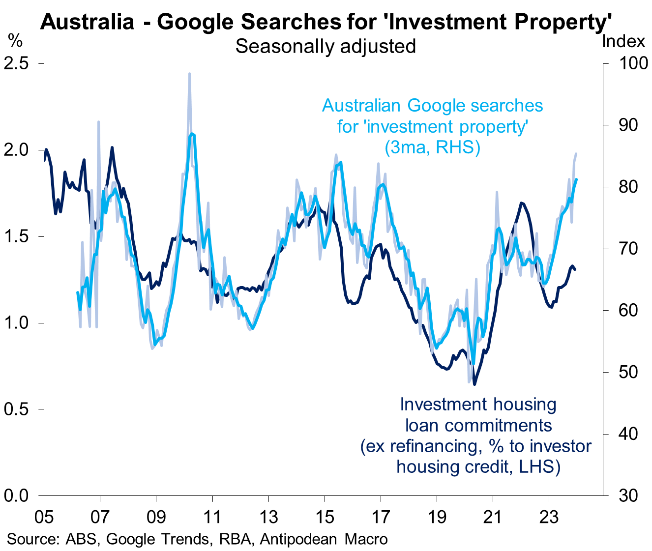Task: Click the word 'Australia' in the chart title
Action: [87, 22]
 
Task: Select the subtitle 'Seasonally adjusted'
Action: [326, 46]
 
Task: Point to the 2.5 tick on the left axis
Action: [16, 63]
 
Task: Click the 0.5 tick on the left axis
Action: [16, 409]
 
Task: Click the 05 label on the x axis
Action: [44, 518]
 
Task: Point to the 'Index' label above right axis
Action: [623, 41]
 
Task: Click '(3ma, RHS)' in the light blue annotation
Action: [432, 147]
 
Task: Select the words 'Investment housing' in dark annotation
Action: [478, 404]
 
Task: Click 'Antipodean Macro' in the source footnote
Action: [324, 539]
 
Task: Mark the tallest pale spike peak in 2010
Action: [189, 74]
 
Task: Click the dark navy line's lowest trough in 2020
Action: [475, 384]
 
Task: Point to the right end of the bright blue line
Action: [576, 180]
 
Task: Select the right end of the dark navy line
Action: [575, 269]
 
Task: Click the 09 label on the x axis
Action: [156, 518]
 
